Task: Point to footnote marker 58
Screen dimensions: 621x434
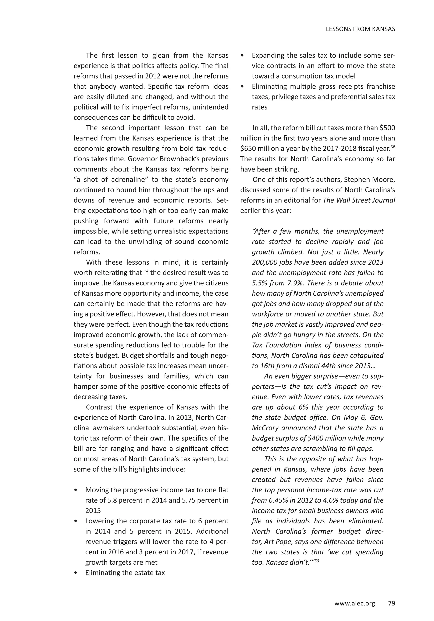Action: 393,147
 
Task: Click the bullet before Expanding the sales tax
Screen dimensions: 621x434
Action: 242,55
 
